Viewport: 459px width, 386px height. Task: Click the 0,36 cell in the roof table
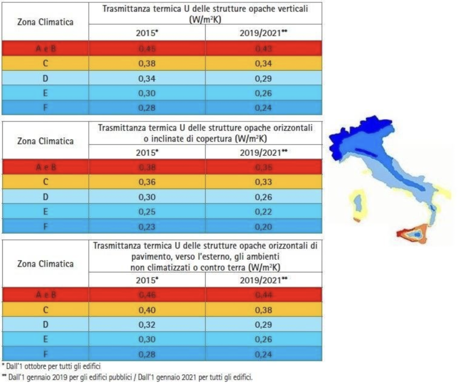(x=147, y=182)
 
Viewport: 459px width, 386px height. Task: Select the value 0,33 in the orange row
(x=263, y=182)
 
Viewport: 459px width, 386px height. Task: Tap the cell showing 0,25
(x=147, y=212)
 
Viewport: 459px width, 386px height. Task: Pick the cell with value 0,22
(x=263, y=212)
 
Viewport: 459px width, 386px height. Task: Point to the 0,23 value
(x=147, y=227)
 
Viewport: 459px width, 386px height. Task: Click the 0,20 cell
(x=263, y=227)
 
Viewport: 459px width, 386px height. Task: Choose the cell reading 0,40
(x=147, y=309)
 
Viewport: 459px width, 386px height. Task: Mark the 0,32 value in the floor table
(x=147, y=324)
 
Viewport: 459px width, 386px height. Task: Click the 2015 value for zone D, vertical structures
(x=147, y=78)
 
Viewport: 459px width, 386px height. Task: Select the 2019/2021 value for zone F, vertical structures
(x=263, y=108)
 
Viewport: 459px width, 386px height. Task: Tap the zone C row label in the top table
(x=45, y=63)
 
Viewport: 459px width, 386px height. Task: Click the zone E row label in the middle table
(x=45, y=212)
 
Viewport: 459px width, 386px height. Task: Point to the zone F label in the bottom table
(x=45, y=354)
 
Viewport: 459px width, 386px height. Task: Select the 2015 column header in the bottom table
(x=147, y=280)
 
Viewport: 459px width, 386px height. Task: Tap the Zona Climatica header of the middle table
(x=45, y=141)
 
